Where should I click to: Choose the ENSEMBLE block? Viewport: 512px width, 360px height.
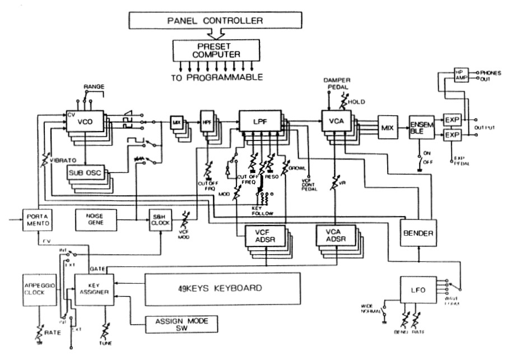pos(421,128)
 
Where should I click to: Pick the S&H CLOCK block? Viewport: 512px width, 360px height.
pos(160,219)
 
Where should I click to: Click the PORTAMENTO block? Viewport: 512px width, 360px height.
pos(37,219)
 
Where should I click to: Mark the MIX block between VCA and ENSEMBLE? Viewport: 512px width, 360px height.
pos(387,127)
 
